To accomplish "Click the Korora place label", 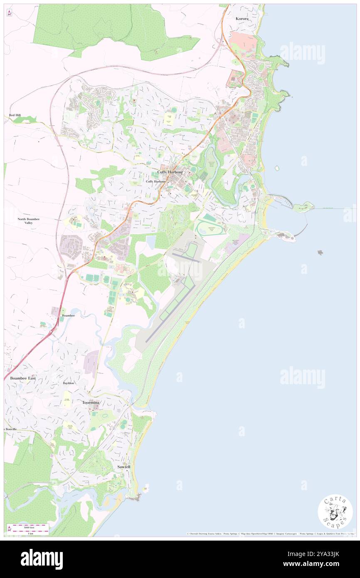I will pos(242,19).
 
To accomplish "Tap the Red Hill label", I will pos(15,115).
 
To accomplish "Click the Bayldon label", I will pos(69,383).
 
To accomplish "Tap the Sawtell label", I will pos(123,467).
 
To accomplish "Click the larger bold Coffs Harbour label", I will pos(170,172).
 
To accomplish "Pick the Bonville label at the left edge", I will pos(10,429).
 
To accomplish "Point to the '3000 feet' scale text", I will pos(29,527).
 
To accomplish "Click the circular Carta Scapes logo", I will pos(335,512).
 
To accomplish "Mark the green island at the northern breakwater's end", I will pos(303,206).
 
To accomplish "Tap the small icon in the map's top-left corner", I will pos(9,13).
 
